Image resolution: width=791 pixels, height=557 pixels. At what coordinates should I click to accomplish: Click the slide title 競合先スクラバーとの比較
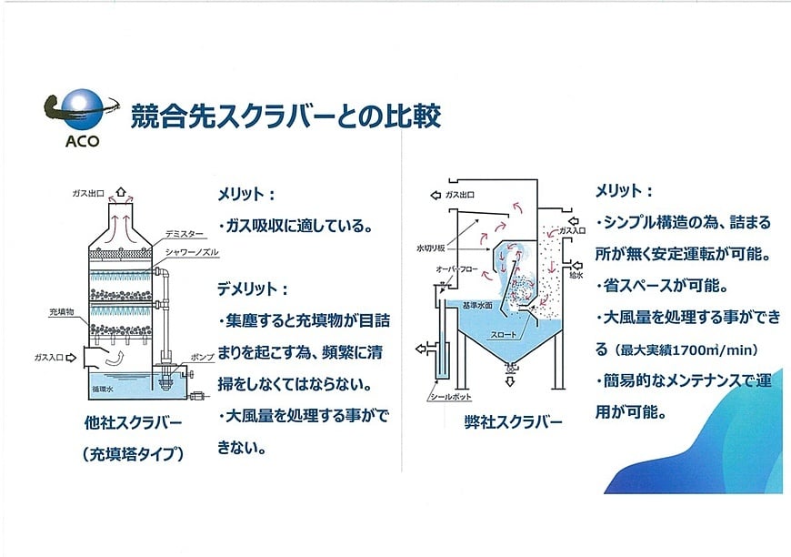click(x=286, y=116)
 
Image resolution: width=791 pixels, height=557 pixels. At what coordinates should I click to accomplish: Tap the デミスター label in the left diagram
click(x=185, y=234)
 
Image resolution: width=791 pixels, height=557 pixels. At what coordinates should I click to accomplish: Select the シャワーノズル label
click(x=192, y=252)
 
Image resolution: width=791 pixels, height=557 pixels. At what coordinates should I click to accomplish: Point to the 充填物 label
click(x=62, y=312)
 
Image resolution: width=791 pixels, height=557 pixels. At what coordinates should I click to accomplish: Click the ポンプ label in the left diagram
click(x=202, y=357)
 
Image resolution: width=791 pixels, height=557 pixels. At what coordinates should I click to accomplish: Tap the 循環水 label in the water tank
click(x=103, y=390)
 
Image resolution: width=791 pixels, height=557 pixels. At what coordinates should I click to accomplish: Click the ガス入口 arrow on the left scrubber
click(x=71, y=358)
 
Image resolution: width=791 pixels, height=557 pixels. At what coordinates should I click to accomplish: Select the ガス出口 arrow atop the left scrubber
click(x=120, y=191)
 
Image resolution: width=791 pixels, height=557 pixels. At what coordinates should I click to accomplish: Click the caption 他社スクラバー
click(x=133, y=422)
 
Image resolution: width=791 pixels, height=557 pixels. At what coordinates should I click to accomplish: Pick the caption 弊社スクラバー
click(x=513, y=422)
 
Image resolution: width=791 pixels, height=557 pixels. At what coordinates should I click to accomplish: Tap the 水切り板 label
click(x=431, y=248)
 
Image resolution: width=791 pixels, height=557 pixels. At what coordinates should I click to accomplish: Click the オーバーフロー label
click(x=456, y=269)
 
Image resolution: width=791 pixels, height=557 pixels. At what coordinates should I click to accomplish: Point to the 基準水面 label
click(x=477, y=306)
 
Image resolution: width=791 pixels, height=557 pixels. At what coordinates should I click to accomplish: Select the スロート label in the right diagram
click(x=504, y=334)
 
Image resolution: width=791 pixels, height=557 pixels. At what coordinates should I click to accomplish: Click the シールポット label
click(x=450, y=397)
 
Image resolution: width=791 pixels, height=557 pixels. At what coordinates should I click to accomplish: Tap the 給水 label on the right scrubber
click(x=576, y=275)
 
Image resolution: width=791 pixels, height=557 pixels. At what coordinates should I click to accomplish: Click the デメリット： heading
click(x=253, y=289)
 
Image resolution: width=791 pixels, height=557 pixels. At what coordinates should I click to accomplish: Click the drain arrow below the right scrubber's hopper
click(x=510, y=381)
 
